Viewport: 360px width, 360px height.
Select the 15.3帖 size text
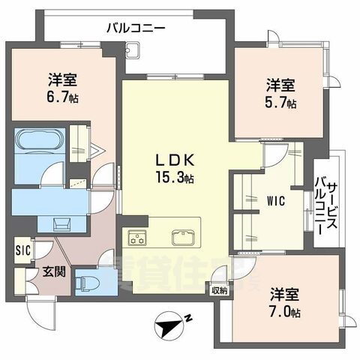tap(175, 179)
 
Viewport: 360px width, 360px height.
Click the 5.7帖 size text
tap(280, 103)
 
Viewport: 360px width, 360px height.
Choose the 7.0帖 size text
tap(286, 310)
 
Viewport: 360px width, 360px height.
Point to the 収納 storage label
tap(218, 289)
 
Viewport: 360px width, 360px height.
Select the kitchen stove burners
tap(138, 239)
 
